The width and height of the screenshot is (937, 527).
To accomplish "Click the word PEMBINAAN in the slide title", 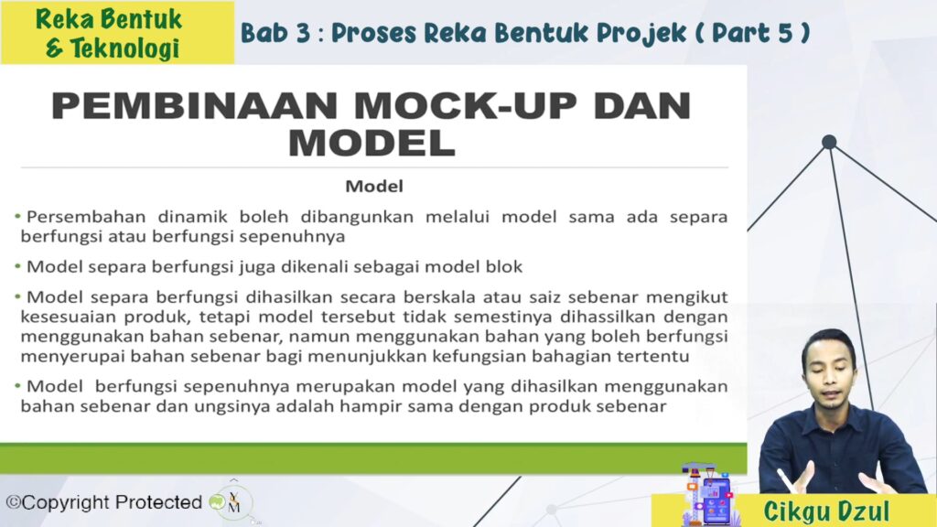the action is click(195, 106).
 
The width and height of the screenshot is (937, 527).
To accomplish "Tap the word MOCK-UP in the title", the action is click(466, 106).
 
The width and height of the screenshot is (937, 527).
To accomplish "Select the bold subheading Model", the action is click(374, 187).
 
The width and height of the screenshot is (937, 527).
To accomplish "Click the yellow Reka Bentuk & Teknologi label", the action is click(117, 33).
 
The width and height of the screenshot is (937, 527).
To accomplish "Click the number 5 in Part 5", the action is click(785, 33).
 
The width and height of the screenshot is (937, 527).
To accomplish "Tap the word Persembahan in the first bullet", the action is click(86, 216).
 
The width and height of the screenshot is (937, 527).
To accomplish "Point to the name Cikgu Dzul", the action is click(826, 511).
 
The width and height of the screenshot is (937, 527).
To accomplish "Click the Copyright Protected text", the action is click(104, 502).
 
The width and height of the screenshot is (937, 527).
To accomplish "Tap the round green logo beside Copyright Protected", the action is click(218, 502).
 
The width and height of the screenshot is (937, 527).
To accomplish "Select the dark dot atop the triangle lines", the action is click(829, 142).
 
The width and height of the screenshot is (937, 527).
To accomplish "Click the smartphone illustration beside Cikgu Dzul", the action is click(716, 500).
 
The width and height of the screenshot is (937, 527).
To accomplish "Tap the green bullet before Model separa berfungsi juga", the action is click(18, 266).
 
